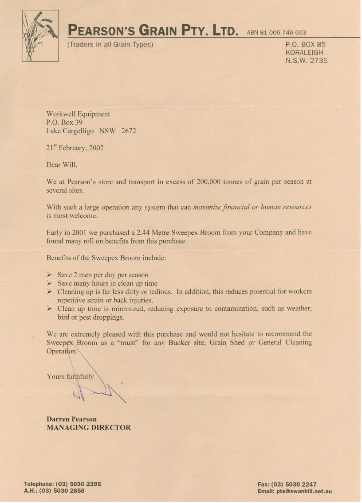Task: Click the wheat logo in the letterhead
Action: (x=40, y=35)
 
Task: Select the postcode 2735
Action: (x=319, y=61)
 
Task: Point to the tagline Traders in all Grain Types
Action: (x=110, y=44)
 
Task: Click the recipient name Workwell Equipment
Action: (x=78, y=114)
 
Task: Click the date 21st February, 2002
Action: (x=75, y=148)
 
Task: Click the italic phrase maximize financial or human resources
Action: (x=252, y=207)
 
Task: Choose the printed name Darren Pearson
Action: (x=71, y=419)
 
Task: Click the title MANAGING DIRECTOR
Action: (x=89, y=428)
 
